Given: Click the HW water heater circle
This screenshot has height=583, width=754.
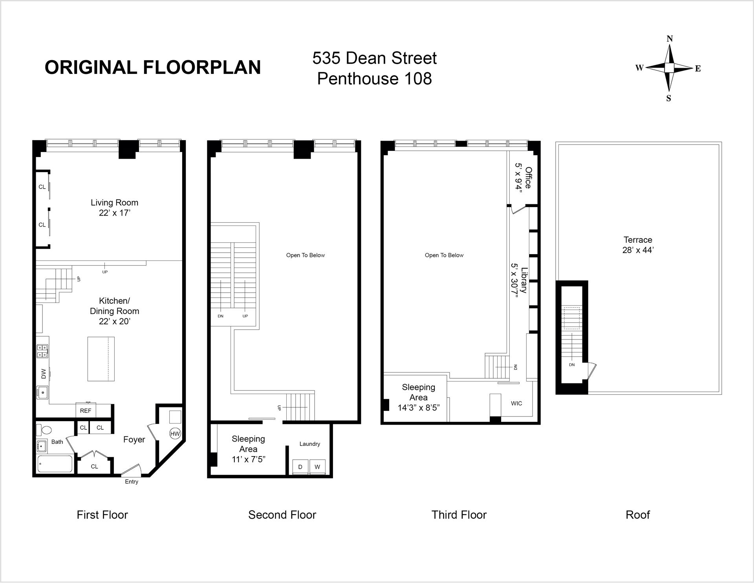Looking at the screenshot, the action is tap(175, 434).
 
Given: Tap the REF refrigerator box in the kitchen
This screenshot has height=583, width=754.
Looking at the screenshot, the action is tap(86, 411).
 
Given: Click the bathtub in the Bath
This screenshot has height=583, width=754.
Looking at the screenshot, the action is tap(55, 464).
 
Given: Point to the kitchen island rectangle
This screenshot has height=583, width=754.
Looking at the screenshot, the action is tap(101, 359).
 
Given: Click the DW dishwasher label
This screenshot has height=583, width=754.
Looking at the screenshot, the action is tap(43, 374).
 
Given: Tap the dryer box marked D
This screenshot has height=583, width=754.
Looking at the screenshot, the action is tap(300, 467).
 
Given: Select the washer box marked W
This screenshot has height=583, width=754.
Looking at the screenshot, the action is tap(317, 467).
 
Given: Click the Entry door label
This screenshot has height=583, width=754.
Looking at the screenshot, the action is tap(132, 482).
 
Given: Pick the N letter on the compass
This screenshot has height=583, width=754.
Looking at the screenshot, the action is tap(670, 38).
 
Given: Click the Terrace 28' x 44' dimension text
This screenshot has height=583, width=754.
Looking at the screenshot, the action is tap(638, 250).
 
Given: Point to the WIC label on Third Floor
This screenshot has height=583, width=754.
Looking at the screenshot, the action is tap(516, 403).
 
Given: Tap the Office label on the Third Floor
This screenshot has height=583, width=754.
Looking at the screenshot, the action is tap(529, 178).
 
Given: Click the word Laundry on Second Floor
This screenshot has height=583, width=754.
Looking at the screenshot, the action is tap(309, 444).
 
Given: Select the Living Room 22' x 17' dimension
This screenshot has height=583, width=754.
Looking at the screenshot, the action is tap(114, 213).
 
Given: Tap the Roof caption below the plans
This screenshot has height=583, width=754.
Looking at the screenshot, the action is tap(638, 515).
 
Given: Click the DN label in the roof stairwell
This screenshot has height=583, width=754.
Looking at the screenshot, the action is tap(572, 365).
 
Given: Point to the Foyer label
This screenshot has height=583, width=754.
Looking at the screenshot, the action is tap(134, 440).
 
